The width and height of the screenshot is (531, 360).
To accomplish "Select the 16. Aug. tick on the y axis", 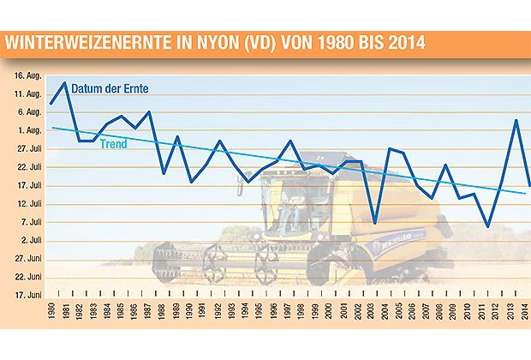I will coord(28,75).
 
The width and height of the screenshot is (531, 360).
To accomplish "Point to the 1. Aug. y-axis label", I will coord(30,130).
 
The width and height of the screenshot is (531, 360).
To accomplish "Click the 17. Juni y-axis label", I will coord(28,295).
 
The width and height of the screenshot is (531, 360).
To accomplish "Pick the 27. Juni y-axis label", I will coord(28,258).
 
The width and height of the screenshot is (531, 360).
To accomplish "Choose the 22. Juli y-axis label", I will coord(29,167).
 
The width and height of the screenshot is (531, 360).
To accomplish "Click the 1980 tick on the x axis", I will coord(51,312).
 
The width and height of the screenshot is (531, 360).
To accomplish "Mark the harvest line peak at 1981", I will coord(65,83).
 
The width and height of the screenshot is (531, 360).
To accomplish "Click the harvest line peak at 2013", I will coord(516,120).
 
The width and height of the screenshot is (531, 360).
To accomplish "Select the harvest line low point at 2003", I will coord(375,223).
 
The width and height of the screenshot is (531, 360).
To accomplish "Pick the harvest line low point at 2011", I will coord(487,226).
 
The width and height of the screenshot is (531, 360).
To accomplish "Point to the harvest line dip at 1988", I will coord(163,173).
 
